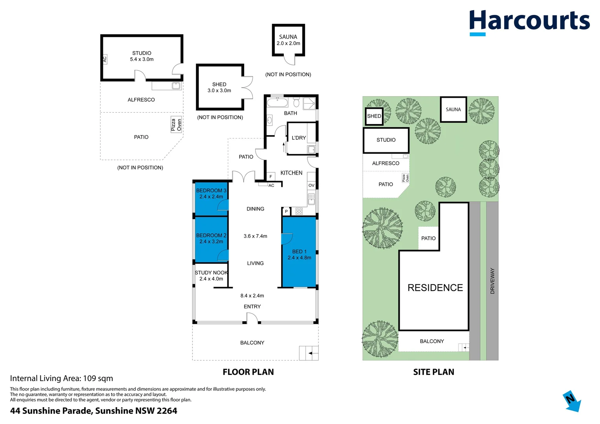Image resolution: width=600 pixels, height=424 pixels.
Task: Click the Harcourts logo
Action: pyautogui.click(x=529, y=22)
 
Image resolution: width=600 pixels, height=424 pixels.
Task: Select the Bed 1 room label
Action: pyautogui.click(x=299, y=254)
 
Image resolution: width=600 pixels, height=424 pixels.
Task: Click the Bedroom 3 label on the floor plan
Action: pyautogui.click(x=211, y=193)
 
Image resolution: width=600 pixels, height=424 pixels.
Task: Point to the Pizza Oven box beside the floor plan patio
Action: pyautogui.click(x=176, y=125)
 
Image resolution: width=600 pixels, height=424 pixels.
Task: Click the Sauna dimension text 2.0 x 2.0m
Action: pyautogui.click(x=288, y=44)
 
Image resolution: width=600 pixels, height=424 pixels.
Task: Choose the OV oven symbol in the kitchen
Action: pyautogui.click(x=311, y=185)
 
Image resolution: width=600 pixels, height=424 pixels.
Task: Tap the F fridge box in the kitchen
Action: pyautogui.click(x=271, y=177)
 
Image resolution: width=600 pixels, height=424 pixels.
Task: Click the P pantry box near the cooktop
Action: pyautogui.click(x=286, y=212)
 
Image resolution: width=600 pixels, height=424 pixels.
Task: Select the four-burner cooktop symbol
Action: pyautogui.click(x=299, y=212)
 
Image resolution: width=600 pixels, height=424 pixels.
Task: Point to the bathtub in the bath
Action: pyautogui.click(x=277, y=103)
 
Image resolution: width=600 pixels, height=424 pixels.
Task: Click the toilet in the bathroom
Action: pyautogui.click(x=296, y=103)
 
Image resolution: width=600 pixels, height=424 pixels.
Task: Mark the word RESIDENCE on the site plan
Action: pyautogui.click(x=435, y=288)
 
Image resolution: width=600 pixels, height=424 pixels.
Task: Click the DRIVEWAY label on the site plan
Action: pyautogui.click(x=492, y=281)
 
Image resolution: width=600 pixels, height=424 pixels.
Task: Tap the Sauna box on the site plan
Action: pyautogui.click(x=453, y=110)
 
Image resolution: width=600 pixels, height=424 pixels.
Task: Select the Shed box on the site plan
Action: pyautogui.click(x=374, y=116)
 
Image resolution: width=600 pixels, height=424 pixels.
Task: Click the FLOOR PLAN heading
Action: pyautogui.click(x=248, y=372)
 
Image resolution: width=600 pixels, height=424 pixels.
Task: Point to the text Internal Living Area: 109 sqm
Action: pyautogui.click(x=62, y=378)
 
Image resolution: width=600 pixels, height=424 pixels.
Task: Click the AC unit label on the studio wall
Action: pyautogui.click(x=104, y=59)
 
